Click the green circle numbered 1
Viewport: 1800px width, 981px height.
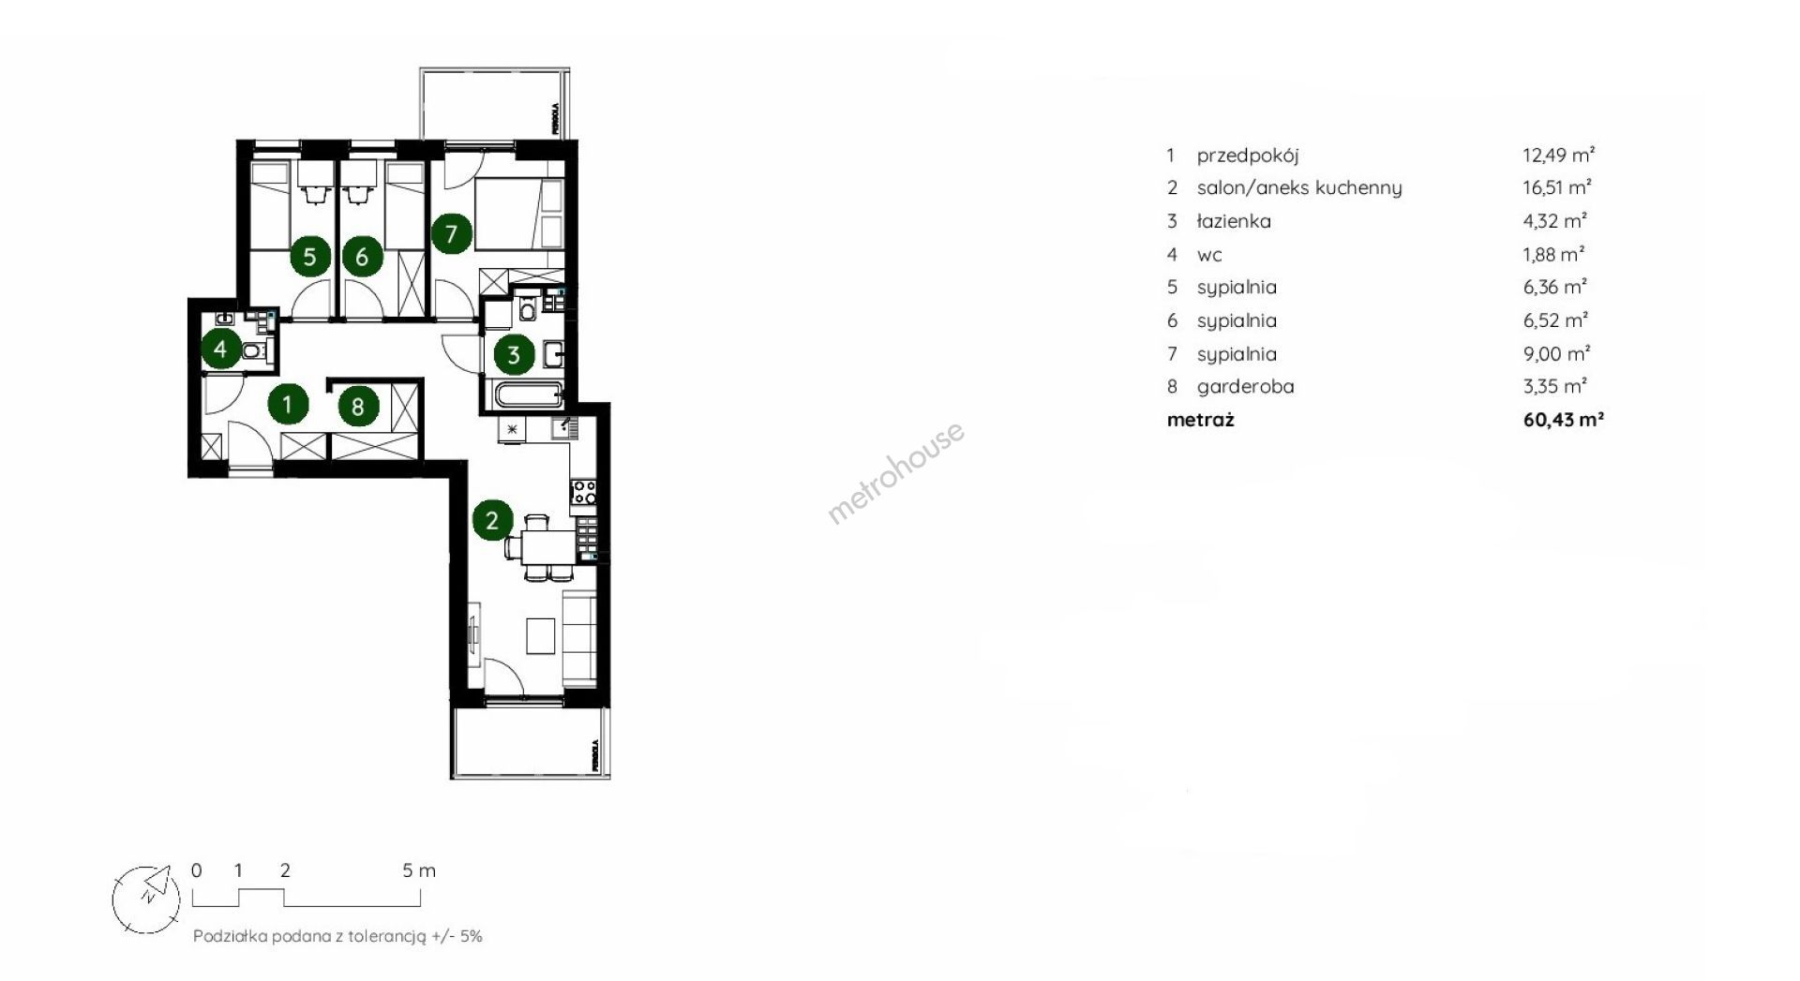click(288, 404)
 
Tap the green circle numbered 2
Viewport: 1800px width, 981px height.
click(493, 520)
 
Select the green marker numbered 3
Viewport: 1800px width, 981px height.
click(514, 354)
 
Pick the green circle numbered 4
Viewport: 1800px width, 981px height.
click(220, 349)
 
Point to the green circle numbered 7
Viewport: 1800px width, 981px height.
click(451, 232)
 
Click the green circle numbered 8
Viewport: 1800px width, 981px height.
click(358, 406)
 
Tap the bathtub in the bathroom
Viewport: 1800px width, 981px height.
click(529, 394)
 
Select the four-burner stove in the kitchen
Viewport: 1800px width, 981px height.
click(584, 491)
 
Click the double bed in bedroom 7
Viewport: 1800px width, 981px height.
click(518, 215)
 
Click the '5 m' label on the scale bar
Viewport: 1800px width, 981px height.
click(419, 870)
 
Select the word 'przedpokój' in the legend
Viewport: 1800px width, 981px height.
click(1248, 156)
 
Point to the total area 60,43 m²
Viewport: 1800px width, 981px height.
click(1564, 420)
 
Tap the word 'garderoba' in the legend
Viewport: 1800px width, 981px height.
click(1246, 387)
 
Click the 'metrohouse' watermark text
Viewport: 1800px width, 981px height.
click(895, 473)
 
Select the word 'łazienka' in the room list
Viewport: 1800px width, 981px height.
click(1234, 221)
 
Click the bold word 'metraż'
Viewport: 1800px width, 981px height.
click(1201, 420)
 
